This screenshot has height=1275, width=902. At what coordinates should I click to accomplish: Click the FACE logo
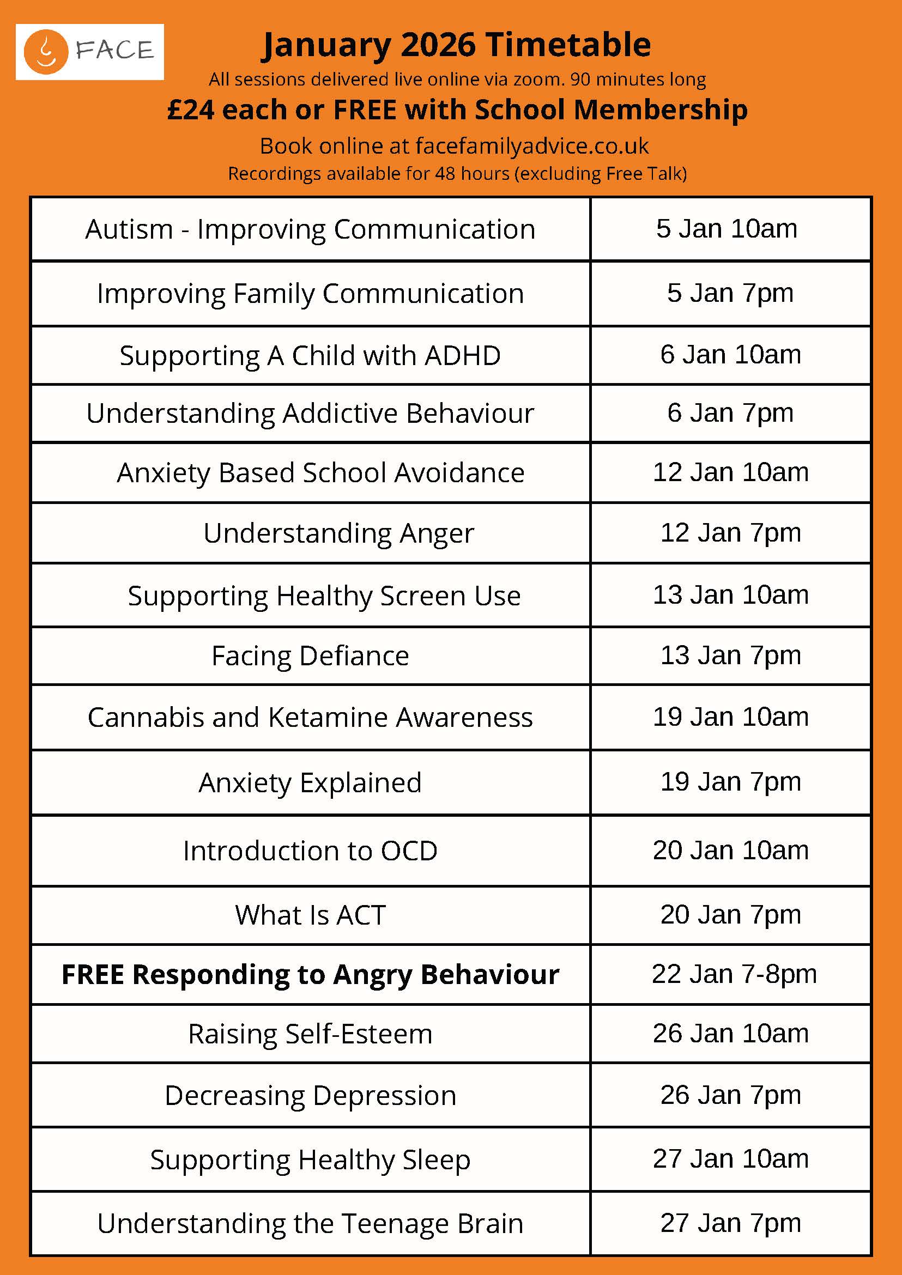(x=89, y=52)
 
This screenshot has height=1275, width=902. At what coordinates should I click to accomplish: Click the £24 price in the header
(x=190, y=110)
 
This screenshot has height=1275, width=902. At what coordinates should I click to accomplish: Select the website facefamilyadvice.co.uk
(x=531, y=146)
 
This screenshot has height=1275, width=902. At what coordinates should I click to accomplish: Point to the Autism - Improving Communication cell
(x=310, y=229)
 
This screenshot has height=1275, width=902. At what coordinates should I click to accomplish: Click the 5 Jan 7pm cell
(x=730, y=293)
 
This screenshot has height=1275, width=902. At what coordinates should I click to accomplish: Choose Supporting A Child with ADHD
(x=310, y=355)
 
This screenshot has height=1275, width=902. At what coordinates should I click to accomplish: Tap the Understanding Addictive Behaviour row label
(x=310, y=413)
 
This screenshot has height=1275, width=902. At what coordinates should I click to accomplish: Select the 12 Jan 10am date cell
(x=730, y=472)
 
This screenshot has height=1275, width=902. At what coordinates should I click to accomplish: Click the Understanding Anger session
(x=338, y=533)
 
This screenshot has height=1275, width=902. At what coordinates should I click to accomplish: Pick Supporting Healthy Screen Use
(x=324, y=596)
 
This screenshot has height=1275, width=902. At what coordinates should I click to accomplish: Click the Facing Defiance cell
(x=310, y=656)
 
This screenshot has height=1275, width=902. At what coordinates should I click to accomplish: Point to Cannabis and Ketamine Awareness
(x=310, y=718)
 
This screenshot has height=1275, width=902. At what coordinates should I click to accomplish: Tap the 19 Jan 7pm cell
(x=730, y=782)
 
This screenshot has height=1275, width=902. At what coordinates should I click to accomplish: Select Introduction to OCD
(x=310, y=851)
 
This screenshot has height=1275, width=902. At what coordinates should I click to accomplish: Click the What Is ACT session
(x=310, y=915)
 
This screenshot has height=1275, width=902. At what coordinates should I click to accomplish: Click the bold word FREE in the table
(x=93, y=975)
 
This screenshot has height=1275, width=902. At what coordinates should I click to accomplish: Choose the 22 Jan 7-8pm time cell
(x=734, y=974)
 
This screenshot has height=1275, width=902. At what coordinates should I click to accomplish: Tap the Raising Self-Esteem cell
(x=310, y=1034)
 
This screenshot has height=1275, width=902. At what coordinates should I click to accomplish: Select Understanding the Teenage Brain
(x=310, y=1224)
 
